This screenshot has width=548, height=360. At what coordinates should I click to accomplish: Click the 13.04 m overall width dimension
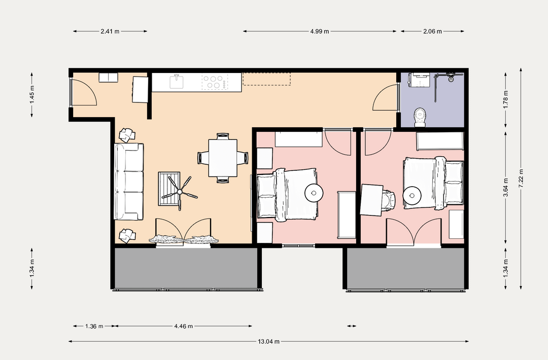point(269,342)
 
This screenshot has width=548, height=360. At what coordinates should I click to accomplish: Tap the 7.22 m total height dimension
point(521,178)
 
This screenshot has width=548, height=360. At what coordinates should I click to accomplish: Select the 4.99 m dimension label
point(320,31)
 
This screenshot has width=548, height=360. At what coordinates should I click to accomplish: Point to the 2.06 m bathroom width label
point(432,31)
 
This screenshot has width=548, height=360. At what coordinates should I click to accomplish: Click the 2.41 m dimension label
point(110,31)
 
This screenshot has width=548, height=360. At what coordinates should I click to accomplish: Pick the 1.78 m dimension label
point(505,99)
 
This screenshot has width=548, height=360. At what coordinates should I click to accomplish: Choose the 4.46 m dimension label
point(184,326)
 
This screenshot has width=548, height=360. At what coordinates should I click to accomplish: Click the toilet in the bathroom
point(420,117)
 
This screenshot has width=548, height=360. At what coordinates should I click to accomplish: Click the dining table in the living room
point(223,158)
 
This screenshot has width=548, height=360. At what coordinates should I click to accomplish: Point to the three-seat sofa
point(129,182)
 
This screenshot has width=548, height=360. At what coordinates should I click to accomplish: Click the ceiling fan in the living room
point(180,191)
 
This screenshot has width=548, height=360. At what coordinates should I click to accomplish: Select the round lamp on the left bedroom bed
point(314,193)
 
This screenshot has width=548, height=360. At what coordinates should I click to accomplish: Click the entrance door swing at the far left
point(84,92)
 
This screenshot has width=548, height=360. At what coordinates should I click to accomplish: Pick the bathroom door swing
point(386,98)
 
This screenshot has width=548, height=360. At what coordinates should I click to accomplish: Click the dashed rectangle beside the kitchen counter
point(267,79)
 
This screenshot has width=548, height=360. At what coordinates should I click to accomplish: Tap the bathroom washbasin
point(420,80)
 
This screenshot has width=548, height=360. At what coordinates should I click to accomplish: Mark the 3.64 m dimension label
point(505,188)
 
